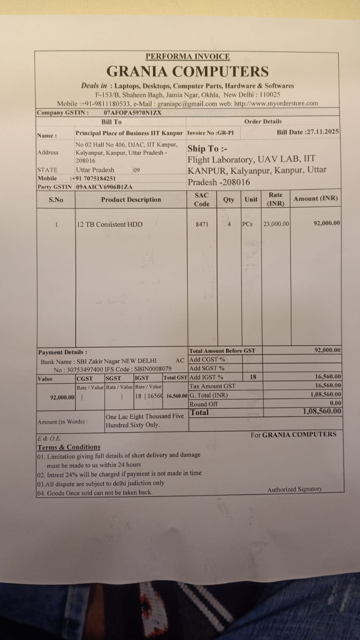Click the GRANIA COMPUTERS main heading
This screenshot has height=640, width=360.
pos(187,72)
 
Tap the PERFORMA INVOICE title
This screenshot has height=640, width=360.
pos(187,56)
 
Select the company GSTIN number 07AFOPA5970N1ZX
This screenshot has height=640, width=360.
pos(133,112)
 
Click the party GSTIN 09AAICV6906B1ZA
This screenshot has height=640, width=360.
pos(104,187)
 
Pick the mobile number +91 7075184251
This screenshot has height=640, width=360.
pos(93,178)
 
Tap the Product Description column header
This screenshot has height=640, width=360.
pos(131,199)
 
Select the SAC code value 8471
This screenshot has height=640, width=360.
pos(202,224)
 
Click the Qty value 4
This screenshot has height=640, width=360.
pos(229,224)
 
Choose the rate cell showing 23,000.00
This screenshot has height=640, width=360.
pos(276,224)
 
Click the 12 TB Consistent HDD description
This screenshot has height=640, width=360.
pos(110,224)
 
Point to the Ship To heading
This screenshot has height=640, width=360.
pos(207,149)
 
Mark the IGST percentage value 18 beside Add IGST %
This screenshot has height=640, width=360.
pos(253,377)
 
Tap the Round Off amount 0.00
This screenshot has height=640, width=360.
pos(336,403)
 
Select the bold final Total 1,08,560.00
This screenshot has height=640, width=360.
pos(322,411)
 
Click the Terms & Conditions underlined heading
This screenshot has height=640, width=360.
pos(69,447)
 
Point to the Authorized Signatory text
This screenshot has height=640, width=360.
pos(294,489)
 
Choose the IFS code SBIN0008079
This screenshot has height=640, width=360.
pos(153,369)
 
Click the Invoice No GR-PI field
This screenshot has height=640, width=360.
pos(211,132)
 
